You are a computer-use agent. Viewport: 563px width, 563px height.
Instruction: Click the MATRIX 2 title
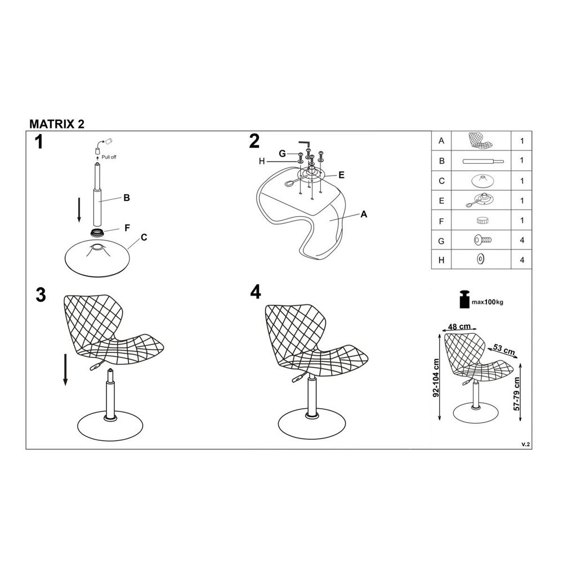point(57,124)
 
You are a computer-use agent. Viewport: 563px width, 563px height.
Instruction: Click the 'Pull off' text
point(109,157)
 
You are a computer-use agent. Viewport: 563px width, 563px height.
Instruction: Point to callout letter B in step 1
point(126,198)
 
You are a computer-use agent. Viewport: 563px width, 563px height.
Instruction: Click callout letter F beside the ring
point(127,228)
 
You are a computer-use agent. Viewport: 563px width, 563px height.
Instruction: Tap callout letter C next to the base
point(144,238)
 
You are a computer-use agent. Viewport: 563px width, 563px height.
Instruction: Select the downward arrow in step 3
point(65,370)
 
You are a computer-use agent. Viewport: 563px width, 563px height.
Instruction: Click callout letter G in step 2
point(283,154)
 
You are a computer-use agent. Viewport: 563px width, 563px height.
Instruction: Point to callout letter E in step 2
point(342,175)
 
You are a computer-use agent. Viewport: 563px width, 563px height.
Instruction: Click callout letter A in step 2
point(364,215)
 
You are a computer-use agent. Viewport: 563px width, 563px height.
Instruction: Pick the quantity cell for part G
point(522,240)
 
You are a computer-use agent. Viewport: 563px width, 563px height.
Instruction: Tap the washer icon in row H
point(480,259)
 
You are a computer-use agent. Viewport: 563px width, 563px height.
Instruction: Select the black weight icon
point(466,299)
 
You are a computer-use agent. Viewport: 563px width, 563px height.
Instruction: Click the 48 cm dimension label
point(459,327)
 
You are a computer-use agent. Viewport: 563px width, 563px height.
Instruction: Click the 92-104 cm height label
point(436,377)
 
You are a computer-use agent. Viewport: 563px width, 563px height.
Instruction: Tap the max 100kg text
point(487,302)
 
